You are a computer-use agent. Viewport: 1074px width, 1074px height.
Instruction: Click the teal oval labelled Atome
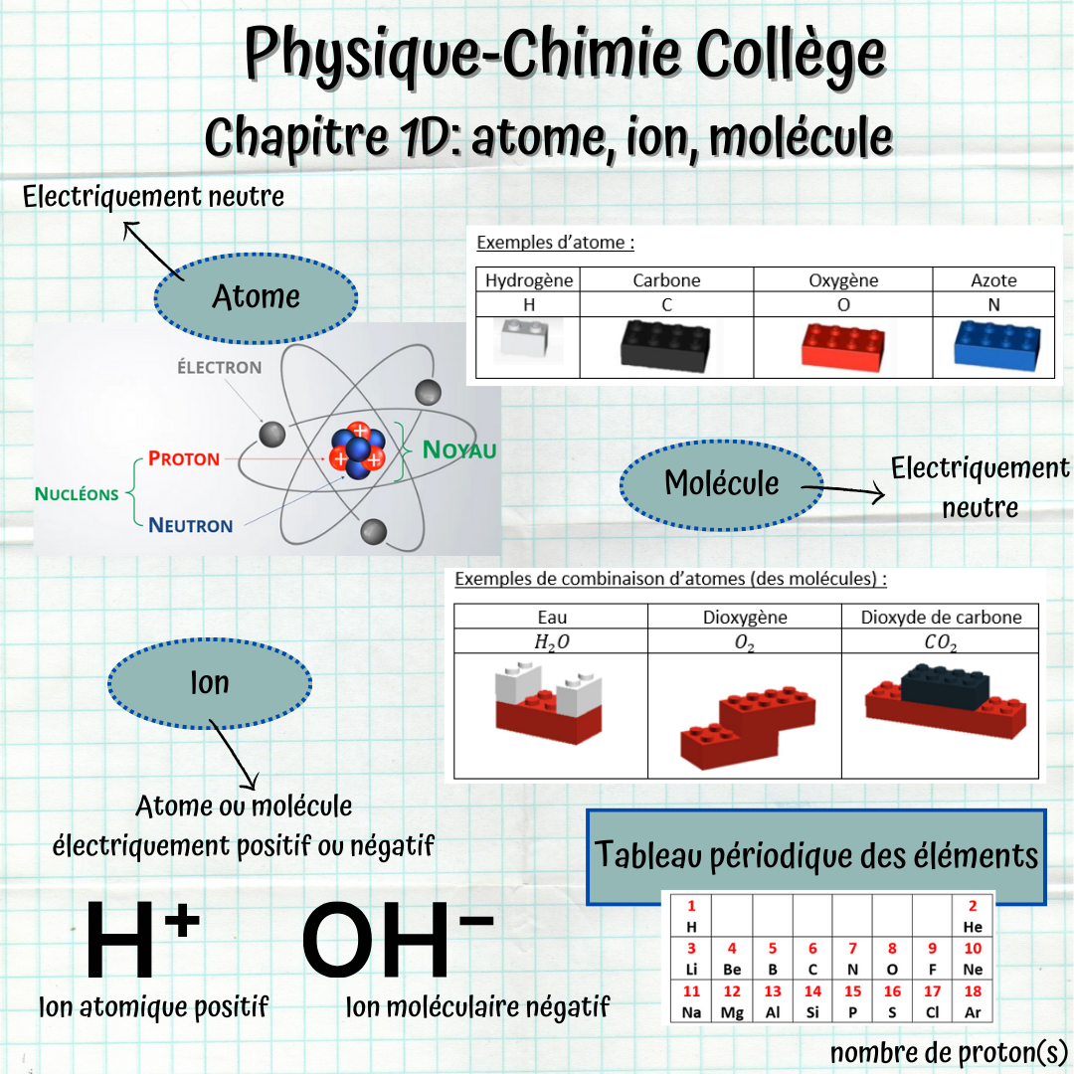[256, 296]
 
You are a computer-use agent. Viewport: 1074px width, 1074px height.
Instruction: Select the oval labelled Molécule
[721, 484]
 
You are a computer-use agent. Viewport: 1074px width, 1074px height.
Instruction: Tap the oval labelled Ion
[210, 683]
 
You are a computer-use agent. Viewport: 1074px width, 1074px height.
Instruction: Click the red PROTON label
[184, 459]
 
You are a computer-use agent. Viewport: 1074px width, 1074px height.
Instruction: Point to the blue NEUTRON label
[190, 525]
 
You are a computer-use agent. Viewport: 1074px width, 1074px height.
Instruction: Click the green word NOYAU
[459, 449]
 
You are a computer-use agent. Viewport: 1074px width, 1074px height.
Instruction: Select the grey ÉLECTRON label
[220, 368]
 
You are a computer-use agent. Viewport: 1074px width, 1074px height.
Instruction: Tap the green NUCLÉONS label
[77, 493]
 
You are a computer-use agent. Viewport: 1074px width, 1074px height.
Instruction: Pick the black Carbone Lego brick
[665, 344]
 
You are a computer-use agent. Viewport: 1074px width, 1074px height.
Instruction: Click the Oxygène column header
[843, 280]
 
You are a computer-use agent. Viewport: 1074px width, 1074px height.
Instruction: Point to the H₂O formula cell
[552, 643]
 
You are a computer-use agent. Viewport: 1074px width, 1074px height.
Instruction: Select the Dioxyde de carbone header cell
[941, 618]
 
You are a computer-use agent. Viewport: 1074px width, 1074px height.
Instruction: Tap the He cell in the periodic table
[973, 916]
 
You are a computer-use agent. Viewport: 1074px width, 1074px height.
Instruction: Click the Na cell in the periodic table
[691, 1002]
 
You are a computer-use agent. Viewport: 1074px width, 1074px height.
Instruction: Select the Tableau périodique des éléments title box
[815, 856]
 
